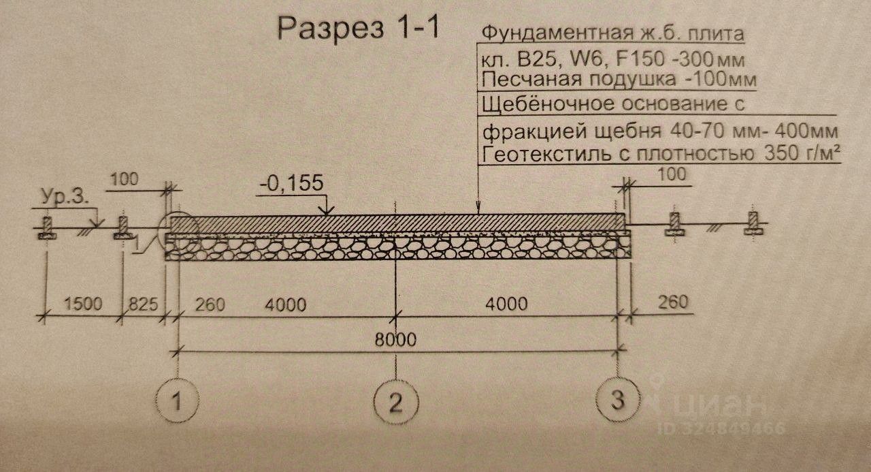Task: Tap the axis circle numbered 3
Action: (617, 399)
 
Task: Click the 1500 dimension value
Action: (84, 304)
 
